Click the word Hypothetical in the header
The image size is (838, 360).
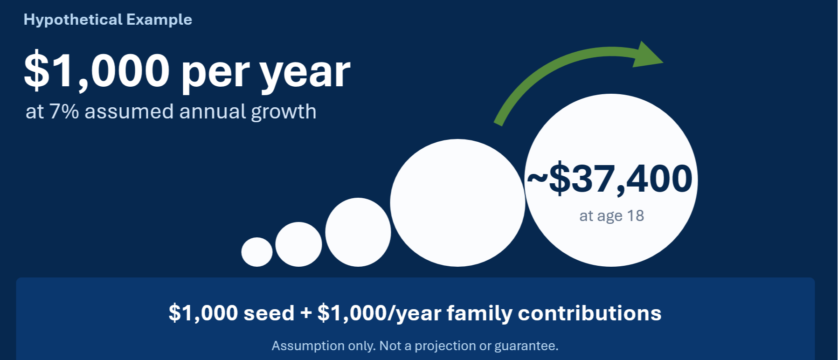point(73,20)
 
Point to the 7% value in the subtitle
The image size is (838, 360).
point(64,112)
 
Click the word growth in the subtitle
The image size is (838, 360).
point(284,112)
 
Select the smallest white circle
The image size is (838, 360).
point(257,252)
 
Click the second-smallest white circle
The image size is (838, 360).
point(298,244)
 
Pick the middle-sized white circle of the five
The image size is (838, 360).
point(358,232)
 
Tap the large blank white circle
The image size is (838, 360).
point(457,203)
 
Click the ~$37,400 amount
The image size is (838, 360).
point(609,178)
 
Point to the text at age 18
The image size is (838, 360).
point(611,216)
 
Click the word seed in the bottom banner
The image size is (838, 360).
point(269,313)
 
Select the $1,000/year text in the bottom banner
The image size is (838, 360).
point(379,313)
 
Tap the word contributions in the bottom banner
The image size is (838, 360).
point(590,313)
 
